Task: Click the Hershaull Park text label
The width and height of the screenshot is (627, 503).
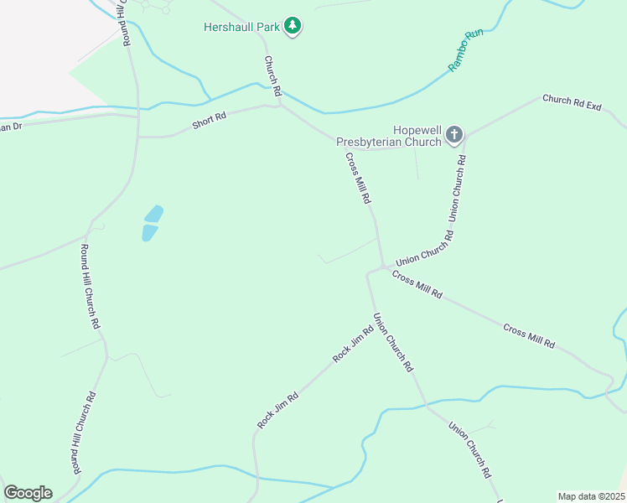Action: pos(241,27)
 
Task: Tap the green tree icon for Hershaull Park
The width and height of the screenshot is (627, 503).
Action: pos(293,27)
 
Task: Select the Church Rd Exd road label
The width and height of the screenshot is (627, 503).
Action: pos(573,103)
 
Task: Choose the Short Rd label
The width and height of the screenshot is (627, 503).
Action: pos(209,120)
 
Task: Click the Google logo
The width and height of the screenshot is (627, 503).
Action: pos(28,493)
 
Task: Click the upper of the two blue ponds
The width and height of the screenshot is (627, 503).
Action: pos(153,214)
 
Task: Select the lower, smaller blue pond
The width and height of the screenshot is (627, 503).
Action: pos(149,232)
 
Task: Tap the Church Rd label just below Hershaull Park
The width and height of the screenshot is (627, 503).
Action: pos(272,74)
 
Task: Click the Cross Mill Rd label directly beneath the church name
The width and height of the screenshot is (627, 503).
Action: pos(357,178)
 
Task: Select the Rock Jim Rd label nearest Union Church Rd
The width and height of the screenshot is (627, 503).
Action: pos(352,345)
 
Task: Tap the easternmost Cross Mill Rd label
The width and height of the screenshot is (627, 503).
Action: pos(529,336)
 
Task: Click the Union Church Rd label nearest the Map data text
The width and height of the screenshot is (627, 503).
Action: pos(469,449)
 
